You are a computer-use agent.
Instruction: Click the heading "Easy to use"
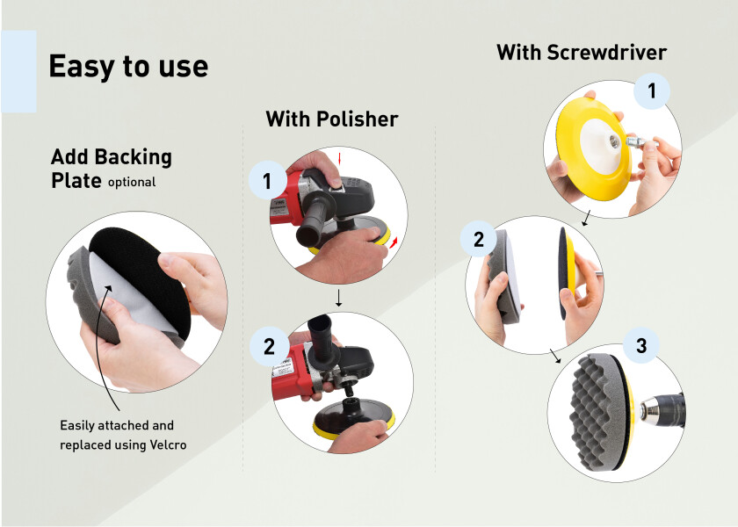[x=128, y=66]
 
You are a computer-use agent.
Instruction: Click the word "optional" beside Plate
[x=132, y=183]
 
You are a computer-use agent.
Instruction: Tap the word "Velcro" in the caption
[x=168, y=444]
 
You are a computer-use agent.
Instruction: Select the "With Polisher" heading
[x=332, y=119]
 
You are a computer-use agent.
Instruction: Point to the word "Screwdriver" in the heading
[x=607, y=52]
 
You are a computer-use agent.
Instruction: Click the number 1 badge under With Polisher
[x=267, y=181]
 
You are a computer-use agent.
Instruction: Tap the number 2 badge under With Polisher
[x=269, y=347]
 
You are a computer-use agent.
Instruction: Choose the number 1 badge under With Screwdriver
[x=651, y=90]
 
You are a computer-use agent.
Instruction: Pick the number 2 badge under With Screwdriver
[x=479, y=239]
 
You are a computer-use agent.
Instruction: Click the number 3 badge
[x=641, y=346]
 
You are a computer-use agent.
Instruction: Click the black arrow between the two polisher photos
[x=338, y=299]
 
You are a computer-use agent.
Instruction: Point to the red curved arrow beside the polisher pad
[x=393, y=242]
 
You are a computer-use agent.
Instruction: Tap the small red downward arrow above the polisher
[x=339, y=159]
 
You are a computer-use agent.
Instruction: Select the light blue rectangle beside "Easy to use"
[x=18, y=71]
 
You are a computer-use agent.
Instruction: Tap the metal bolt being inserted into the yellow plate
[x=641, y=141]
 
